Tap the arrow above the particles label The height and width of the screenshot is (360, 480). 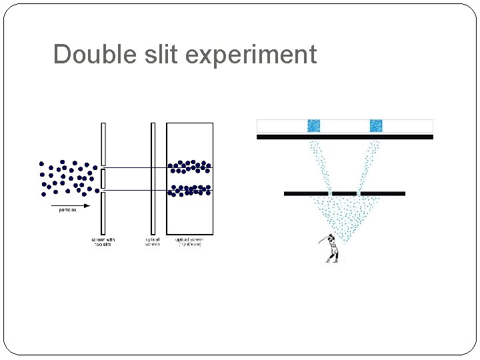click(x=71, y=205)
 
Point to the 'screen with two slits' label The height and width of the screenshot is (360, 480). click(x=103, y=242)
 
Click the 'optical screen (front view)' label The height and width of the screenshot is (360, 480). click(x=189, y=242)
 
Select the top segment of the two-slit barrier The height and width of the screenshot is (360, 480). click(x=103, y=144)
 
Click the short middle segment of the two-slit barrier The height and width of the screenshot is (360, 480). click(x=103, y=179)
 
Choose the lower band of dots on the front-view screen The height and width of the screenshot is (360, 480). click(x=189, y=190)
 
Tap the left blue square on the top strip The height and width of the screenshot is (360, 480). click(x=313, y=125)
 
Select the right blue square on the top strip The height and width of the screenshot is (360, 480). click(x=376, y=125)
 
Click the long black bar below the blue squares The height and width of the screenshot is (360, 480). click(x=345, y=137)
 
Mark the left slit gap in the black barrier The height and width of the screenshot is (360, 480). click(x=329, y=194)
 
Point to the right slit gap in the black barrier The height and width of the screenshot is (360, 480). click(x=359, y=194)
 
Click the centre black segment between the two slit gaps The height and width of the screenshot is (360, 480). click(x=344, y=194)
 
